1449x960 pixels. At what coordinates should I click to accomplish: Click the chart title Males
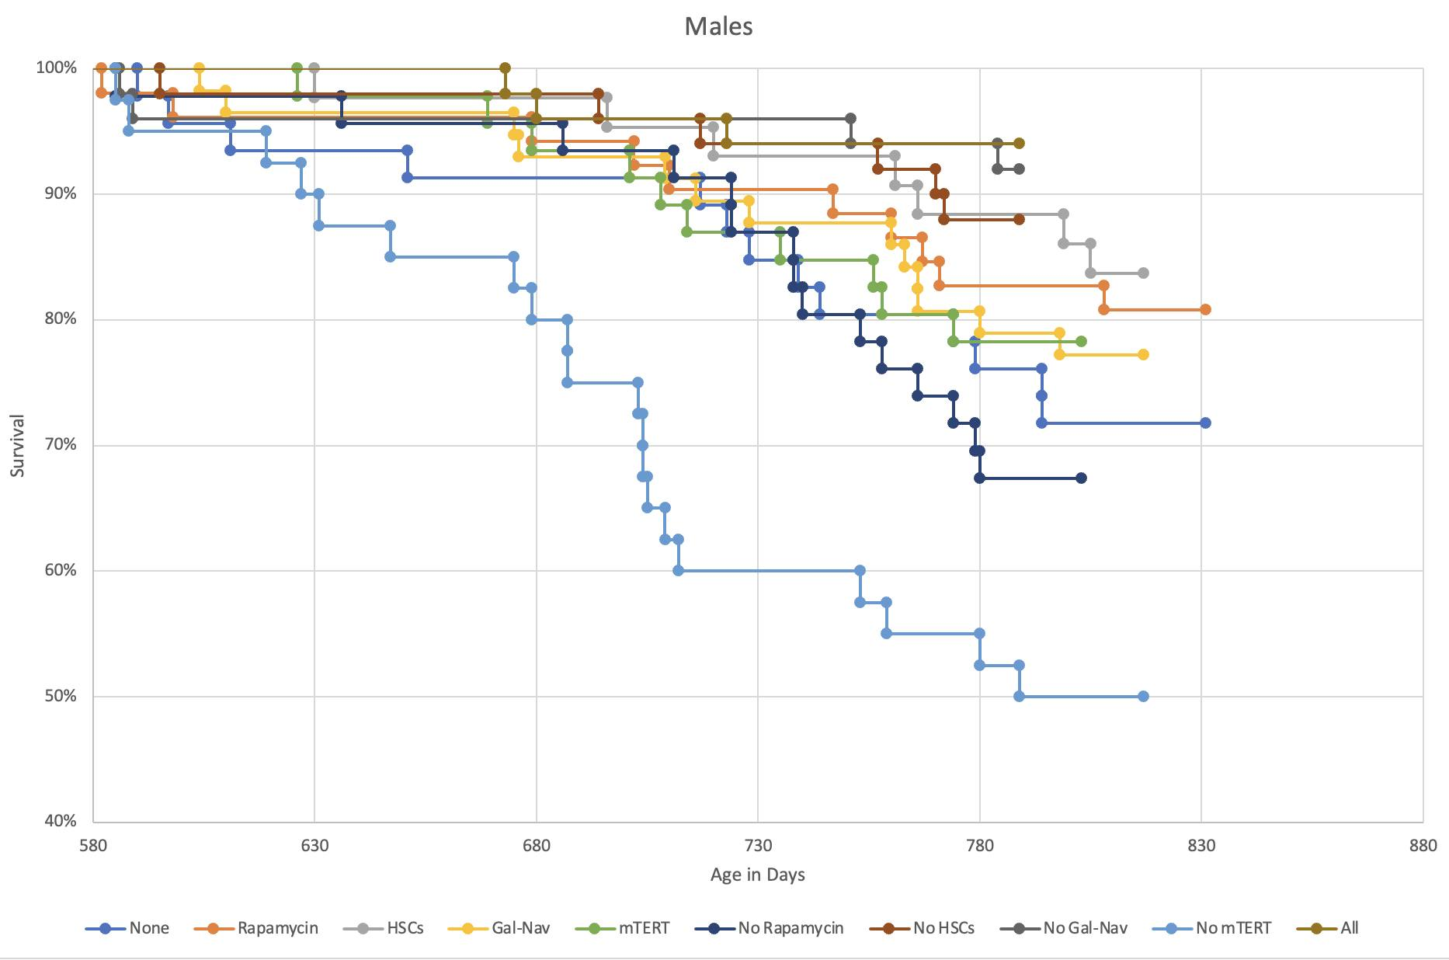click(x=718, y=26)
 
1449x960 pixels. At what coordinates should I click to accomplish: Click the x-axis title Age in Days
click(x=757, y=875)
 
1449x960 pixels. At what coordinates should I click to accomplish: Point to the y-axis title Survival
click(x=18, y=445)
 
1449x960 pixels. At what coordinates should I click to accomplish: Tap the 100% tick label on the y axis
click(x=57, y=68)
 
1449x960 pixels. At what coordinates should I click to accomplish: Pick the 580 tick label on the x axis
click(x=93, y=845)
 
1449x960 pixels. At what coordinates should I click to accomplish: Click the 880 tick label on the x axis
click(x=1423, y=845)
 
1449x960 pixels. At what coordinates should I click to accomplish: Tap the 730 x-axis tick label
click(x=758, y=845)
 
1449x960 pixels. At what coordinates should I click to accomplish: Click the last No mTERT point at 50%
click(x=1143, y=697)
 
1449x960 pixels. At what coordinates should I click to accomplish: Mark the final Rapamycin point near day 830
click(x=1205, y=309)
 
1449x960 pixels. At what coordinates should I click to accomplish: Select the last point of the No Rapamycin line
click(x=1081, y=478)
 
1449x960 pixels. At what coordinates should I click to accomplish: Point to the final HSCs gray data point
click(x=1143, y=273)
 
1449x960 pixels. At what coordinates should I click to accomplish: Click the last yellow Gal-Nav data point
click(x=1143, y=354)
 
